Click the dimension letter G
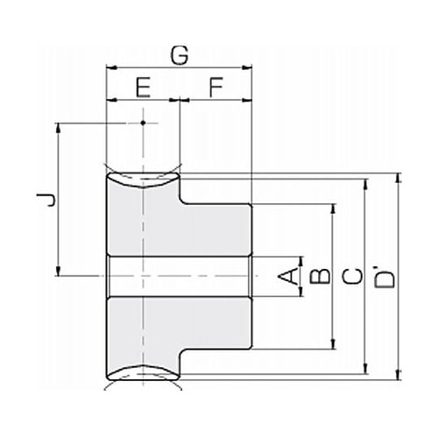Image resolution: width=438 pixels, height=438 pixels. pos(180,55)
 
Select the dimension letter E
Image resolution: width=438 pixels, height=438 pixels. pos(143,87)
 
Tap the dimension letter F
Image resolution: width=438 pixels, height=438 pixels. pos(216,87)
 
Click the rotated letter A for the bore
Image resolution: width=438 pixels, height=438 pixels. pos(288,277)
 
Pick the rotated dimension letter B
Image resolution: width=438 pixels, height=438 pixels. pos(320,276)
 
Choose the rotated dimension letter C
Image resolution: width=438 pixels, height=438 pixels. pos(352,277)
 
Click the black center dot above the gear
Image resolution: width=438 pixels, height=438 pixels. pos(143,123)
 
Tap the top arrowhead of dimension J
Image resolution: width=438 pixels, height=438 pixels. pos(59,127)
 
